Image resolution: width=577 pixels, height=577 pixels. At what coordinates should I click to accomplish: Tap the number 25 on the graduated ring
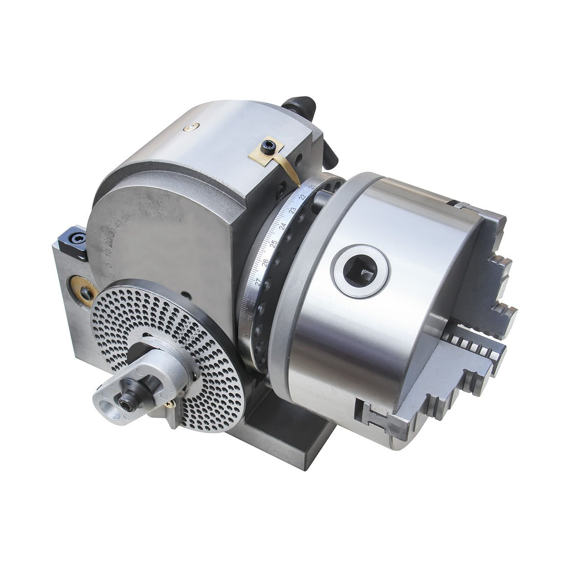273,243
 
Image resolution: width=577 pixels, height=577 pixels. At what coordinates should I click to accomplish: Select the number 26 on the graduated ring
265,262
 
